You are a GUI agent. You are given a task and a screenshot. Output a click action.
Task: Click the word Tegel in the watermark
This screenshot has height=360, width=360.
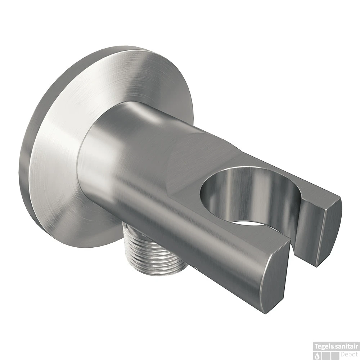(x=321, y=346)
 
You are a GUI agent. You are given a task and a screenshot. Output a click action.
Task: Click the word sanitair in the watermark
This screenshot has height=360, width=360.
(x=346, y=346)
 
